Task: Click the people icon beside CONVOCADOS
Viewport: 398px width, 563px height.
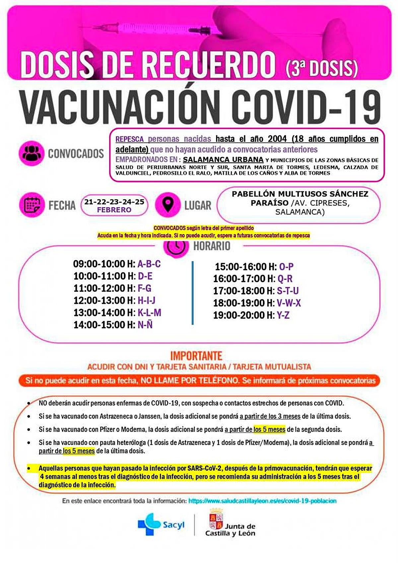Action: (32, 153)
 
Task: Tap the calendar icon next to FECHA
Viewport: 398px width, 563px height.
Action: (32, 205)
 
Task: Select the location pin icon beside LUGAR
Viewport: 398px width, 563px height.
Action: (168, 205)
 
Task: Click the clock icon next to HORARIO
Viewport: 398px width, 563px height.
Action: (175, 247)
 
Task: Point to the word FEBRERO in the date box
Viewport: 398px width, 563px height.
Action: (114, 210)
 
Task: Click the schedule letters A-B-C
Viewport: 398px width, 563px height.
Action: (149, 264)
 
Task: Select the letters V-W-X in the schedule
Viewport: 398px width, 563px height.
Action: (289, 303)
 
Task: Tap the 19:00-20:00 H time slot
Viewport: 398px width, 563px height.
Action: (243, 315)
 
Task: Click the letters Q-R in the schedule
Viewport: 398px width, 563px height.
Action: (285, 279)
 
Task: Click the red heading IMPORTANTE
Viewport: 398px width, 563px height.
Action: (196, 356)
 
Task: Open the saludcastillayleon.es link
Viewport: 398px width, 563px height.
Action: (262, 501)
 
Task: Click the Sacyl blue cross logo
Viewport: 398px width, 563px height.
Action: (149, 524)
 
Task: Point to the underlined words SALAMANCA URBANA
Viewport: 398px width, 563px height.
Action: (223, 160)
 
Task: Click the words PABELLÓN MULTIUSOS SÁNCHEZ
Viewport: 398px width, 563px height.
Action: (300, 194)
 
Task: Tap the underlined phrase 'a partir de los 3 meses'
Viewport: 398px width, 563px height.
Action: (270, 416)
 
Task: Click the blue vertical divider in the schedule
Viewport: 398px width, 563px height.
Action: (193, 293)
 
